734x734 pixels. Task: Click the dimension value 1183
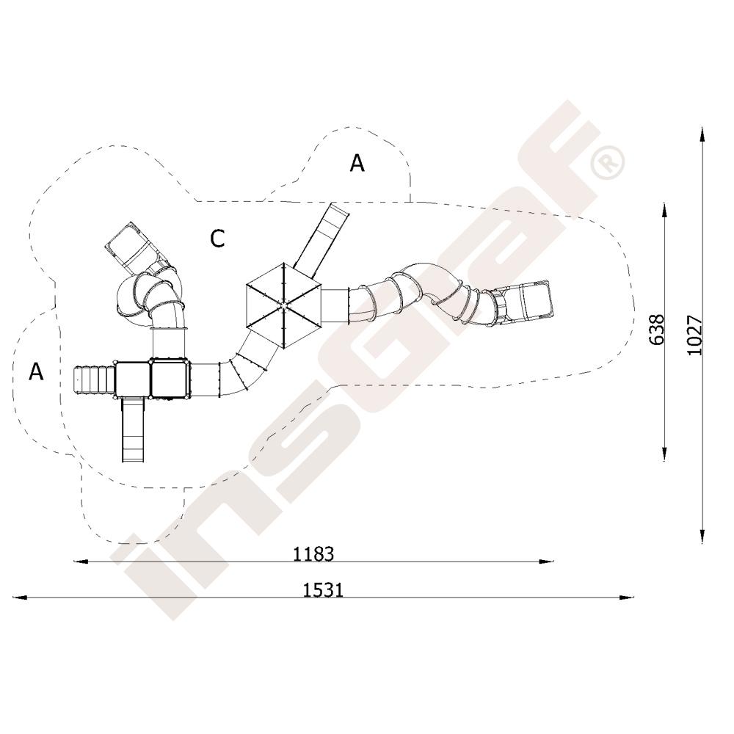(x=313, y=554)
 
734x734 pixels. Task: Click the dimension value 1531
(x=324, y=590)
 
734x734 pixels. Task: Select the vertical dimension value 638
(x=657, y=330)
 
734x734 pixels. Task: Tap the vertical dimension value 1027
(x=694, y=335)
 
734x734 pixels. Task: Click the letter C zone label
(x=217, y=239)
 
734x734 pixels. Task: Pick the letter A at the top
(x=357, y=164)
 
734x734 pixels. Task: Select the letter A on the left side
(x=36, y=371)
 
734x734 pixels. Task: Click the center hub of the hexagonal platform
(x=283, y=305)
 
